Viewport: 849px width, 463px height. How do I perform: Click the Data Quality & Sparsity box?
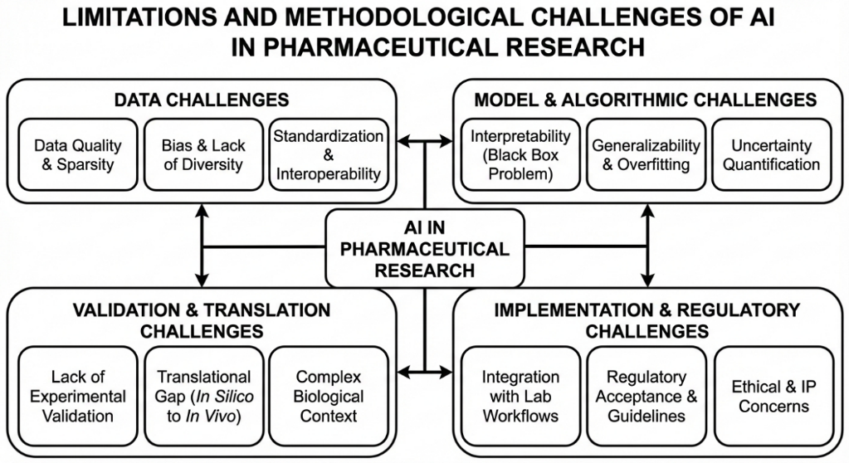pos(77,154)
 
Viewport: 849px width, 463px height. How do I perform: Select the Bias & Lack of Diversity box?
pos(203,154)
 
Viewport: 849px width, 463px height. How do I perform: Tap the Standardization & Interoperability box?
pos(328,154)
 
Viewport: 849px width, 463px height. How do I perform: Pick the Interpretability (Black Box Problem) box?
pos(520,154)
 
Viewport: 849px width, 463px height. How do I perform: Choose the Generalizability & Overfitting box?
pos(646,154)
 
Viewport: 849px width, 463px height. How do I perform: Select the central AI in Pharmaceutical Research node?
pos(425,247)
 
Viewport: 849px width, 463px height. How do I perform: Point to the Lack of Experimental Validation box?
pos(77,397)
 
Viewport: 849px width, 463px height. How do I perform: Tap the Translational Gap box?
pos(203,397)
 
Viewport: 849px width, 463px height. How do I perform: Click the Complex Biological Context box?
pos(328,397)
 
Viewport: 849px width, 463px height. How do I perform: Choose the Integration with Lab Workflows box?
pos(520,397)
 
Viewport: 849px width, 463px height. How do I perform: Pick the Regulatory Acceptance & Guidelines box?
pos(646,397)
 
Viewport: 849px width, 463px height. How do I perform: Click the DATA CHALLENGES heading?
pos(202,100)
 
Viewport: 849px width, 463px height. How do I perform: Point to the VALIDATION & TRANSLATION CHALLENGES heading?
pos(202,320)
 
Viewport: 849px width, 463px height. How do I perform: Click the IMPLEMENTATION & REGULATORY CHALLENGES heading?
pos(647,320)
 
